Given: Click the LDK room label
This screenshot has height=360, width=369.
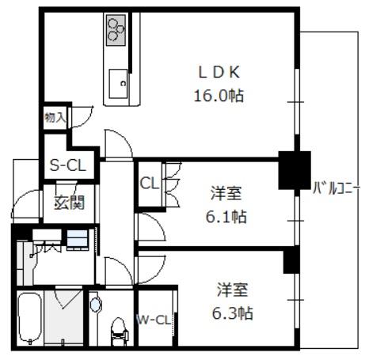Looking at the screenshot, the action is point(219,72).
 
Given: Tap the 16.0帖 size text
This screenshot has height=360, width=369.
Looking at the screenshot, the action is point(219,96).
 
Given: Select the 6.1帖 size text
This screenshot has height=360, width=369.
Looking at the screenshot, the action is point(226,217).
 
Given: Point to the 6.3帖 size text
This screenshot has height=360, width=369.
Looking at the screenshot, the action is point(233,313).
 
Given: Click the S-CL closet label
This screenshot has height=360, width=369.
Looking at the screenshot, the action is point(68,165).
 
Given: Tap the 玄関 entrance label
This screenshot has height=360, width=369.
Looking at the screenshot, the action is point(70,203).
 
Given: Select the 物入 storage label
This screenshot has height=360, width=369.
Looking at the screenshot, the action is point(55,117).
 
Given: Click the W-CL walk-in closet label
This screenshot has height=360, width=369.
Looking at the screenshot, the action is point(154,320).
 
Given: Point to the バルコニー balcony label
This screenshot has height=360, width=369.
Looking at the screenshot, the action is point(337,188).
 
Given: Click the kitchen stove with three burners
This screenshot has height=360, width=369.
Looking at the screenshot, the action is point(116,30).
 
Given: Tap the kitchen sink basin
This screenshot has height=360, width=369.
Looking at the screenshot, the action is point(118,84).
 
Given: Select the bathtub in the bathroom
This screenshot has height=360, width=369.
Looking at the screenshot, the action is point(30,318).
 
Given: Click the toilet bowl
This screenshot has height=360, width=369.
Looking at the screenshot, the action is point(118,332).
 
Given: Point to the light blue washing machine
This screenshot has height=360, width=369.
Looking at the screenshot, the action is point(77,239).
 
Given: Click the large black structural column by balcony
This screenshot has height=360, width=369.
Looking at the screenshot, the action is point(295,170).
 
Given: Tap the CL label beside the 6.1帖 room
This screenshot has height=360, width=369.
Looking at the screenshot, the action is point(150,183).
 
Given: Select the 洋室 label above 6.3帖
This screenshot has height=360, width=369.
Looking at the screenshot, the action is point(232,290).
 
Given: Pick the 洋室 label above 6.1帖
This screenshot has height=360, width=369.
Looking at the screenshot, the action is point(226,193).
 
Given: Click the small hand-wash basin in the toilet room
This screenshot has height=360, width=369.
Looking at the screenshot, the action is point(96,305).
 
